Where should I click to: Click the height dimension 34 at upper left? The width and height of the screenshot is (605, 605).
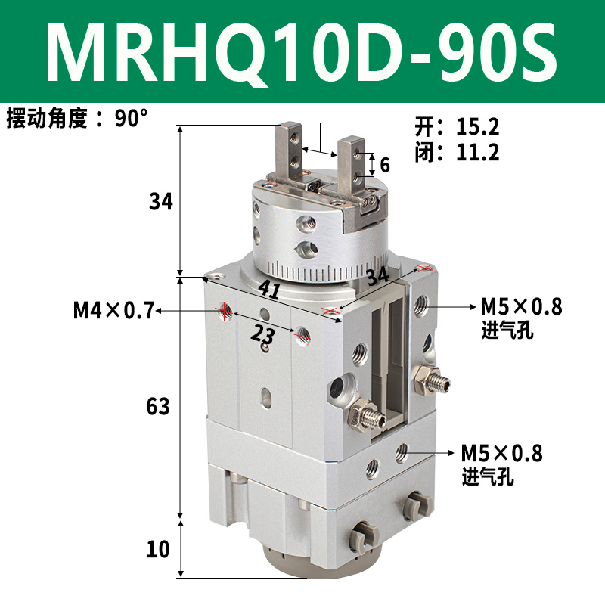pyautogui.click(x=161, y=202)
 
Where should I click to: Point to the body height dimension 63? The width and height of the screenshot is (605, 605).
pyautogui.click(x=158, y=406)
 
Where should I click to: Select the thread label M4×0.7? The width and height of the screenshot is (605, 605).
pyautogui.click(x=113, y=310)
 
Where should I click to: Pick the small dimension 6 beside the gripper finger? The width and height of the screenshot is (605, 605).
pyautogui.click(x=385, y=164)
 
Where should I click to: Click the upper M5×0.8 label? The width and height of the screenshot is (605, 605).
pyautogui.click(x=522, y=307)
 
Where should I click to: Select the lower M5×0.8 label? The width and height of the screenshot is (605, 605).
pyautogui.click(x=502, y=454)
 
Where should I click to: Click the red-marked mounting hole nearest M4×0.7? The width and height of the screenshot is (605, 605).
pyautogui.click(x=225, y=310)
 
